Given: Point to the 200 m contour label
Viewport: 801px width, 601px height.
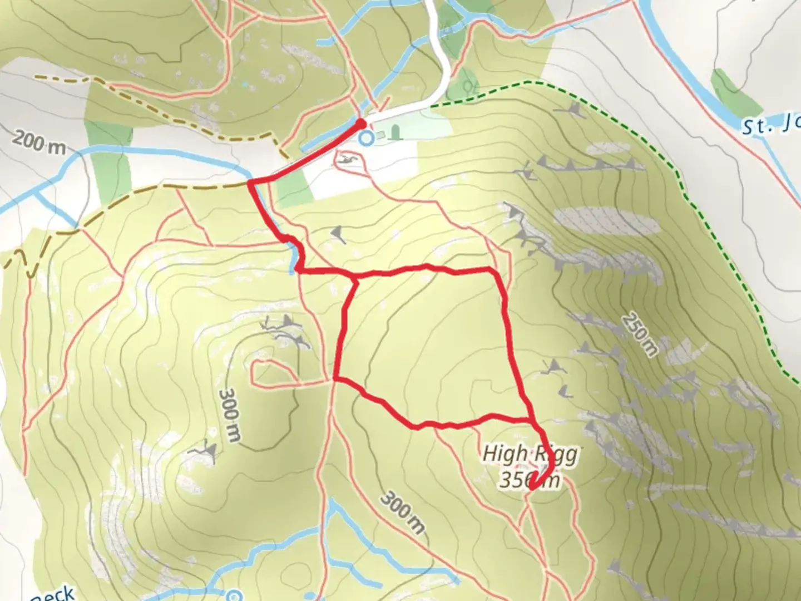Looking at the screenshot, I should click(x=39, y=142).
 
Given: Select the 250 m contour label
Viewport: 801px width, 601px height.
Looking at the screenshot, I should click(x=640, y=334).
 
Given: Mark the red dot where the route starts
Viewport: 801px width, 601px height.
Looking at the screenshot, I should click(x=361, y=124).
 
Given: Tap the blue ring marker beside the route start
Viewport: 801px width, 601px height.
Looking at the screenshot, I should click(x=365, y=137).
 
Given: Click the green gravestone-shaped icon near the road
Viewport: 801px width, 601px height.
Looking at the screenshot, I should click(x=395, y=132).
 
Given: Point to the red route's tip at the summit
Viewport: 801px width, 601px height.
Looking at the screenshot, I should click(x=532, y=487).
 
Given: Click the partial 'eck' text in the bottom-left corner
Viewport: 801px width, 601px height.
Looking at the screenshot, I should click(x=53, y=594).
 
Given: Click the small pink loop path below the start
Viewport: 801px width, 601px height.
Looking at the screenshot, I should click(x=349, y=162).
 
